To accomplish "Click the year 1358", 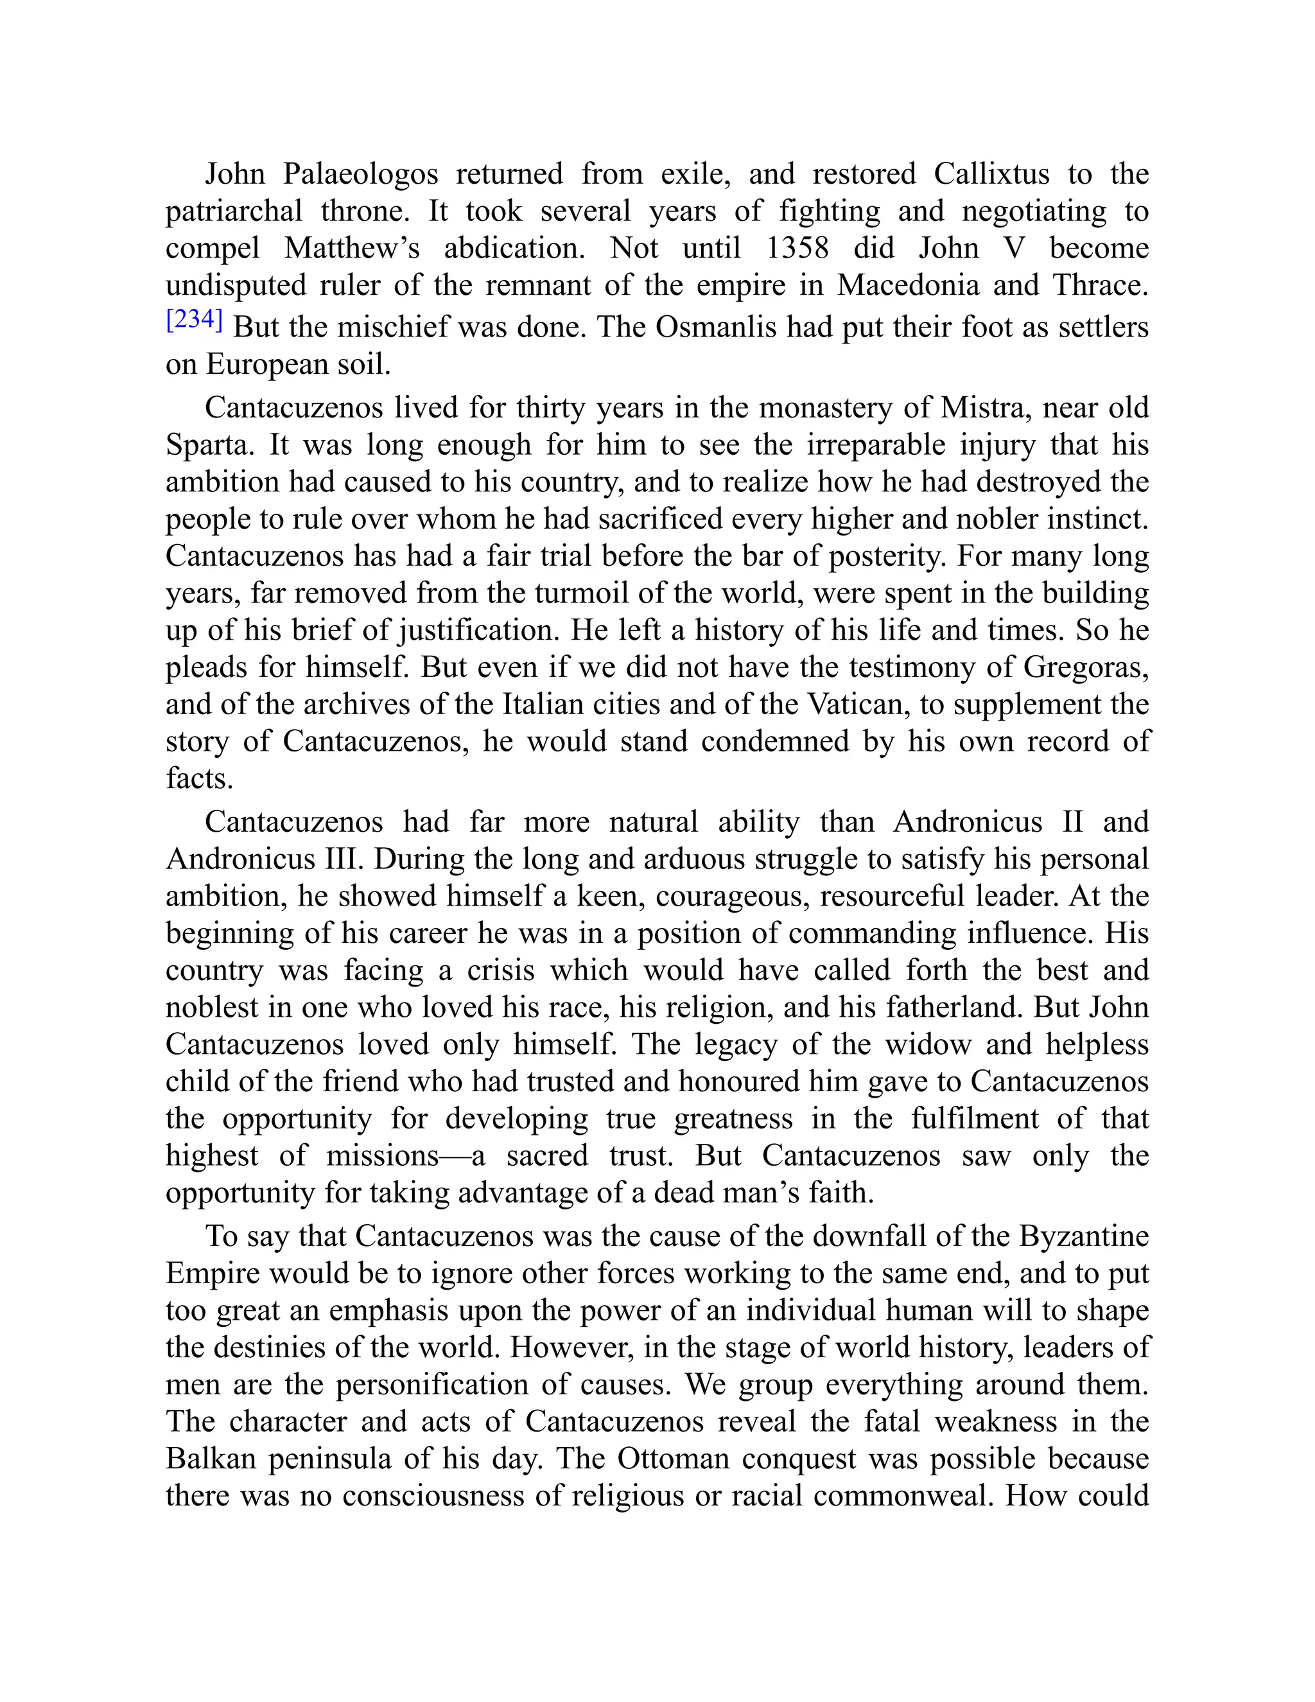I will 797,248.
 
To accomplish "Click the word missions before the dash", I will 383,1155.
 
